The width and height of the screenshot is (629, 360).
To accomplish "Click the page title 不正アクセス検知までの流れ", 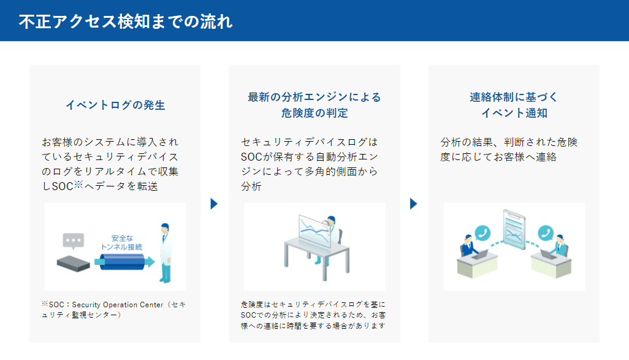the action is (x=126, y=21).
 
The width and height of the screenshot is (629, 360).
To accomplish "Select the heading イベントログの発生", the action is (x=115, y=105).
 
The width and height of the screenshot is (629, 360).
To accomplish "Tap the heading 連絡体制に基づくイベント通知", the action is (x=514, y=105).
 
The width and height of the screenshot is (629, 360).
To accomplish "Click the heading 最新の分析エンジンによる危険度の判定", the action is (x=314, y=105).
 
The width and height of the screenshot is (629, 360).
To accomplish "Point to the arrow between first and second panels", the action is (x=214, y=204).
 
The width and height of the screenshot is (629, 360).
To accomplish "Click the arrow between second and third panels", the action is (x=413, y=204).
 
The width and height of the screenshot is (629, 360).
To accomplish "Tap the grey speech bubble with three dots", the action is (x=74, y=241).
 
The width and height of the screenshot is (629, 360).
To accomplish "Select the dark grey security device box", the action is (x=74, y=264).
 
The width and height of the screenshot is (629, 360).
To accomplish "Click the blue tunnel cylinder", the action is (x=123, y=262).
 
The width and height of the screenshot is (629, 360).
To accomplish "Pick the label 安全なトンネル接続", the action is (x=121, y=242).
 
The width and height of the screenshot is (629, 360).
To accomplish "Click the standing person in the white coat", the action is (x=166, y=253).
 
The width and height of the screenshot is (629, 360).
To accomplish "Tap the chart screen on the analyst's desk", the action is (x=315, y=232).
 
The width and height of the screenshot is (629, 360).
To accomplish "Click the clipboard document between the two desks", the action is (x=514, y=229).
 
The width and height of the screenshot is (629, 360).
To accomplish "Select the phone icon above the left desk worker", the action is (x=482, y=233).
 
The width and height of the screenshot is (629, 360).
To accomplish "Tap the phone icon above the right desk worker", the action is (x=546, y=233).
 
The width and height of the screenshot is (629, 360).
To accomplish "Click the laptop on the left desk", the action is (x=480, y=255).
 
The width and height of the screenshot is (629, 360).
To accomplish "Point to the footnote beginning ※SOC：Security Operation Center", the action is (x=114, y=310).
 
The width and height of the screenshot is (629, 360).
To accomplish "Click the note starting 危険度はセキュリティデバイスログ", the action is (x=313, y=315).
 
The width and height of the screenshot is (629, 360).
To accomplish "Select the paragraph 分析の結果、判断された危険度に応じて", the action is (x=509, y=149).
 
